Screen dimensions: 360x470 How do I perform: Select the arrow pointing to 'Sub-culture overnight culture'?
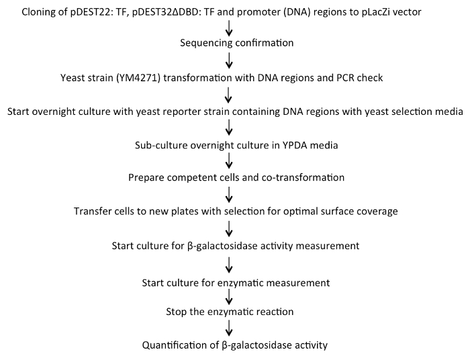(x=230, y=128)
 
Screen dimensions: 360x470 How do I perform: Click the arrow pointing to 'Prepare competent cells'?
(x=230, y=161)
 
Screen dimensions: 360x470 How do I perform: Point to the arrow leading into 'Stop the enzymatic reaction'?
(x=230, y=296)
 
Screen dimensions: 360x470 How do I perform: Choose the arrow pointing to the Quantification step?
(x=230, y=329)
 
